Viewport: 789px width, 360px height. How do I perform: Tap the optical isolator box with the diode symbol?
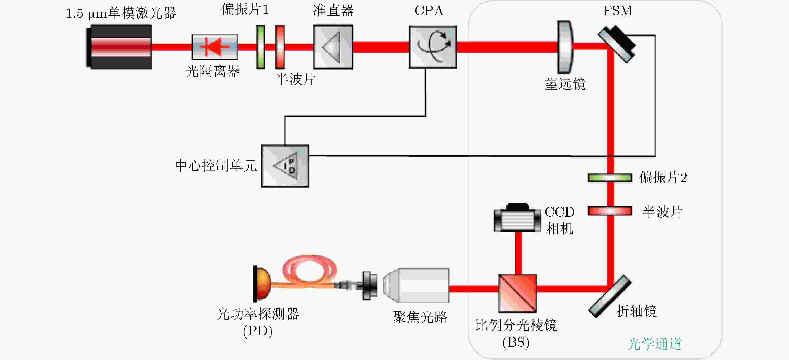(x=215, y=47)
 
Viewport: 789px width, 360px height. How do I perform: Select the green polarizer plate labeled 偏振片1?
(x=261, y=47)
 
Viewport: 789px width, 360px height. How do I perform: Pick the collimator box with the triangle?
(x=333, y=47)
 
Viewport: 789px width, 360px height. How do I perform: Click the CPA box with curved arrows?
(x=433, y=47)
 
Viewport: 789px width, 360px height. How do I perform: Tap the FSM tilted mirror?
(x=617, y=44)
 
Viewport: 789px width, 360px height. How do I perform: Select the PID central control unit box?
(x=285, y=166)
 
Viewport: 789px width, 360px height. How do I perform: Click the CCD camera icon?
(x=517, y=218)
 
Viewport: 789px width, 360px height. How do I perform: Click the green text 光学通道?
(x=655, y=344)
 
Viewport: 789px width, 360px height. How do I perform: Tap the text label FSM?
(x=617, y=11)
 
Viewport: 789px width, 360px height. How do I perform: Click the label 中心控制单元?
(x=216, y=166)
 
